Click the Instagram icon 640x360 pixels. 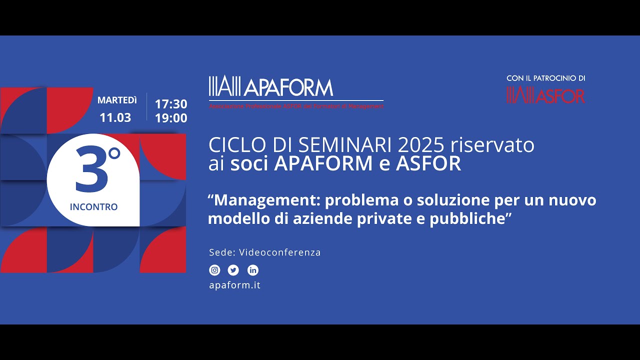[214, 270]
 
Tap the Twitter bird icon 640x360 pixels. [233, 270]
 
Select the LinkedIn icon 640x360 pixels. [253, 270]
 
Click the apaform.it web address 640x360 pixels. [234, 285]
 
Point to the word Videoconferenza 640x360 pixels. [280, 252]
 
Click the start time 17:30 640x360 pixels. [171, 104]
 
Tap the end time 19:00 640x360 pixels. [171, 118]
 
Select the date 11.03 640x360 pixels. [115, 118]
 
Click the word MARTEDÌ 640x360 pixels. [117, 100]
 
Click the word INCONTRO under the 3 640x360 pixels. [94, 207]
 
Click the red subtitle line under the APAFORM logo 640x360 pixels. [296, 106]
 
